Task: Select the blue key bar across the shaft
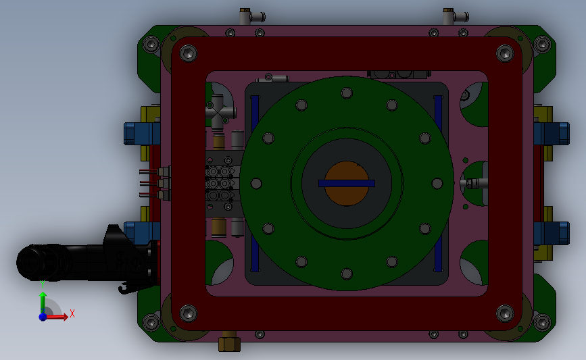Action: tap(347, 183)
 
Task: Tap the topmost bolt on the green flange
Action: tap(347, 93)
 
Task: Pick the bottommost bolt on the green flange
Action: tap(347, 274)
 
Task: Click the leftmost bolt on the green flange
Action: tap(256, 183)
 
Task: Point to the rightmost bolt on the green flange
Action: tap(437, 183)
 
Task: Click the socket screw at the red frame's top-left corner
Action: tap(189, 53)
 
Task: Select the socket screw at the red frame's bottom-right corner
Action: tap(505, 313)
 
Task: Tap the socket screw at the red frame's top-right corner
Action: tap(505, 53)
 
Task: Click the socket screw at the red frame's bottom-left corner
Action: tap(189, 313)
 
